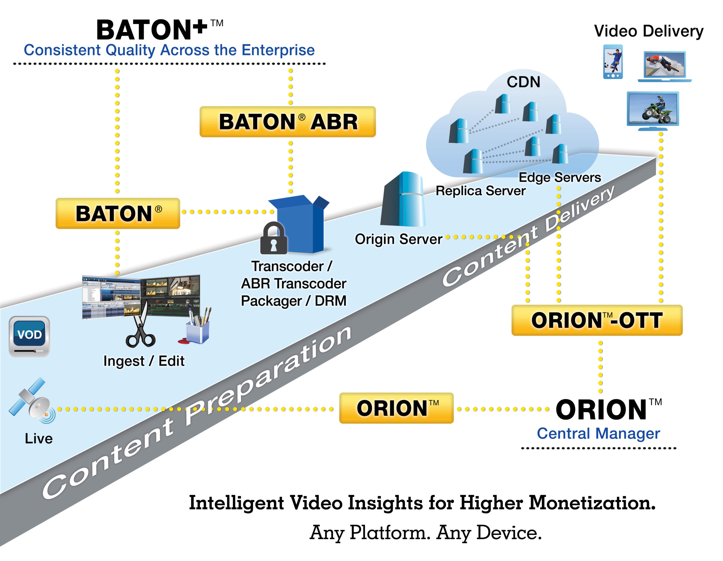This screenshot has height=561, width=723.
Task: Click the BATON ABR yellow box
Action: tap(287, 122)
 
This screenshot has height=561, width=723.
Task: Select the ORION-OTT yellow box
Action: tap(597, 320)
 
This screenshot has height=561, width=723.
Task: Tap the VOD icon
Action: tap(29, 336)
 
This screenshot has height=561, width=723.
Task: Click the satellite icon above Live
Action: tap(32, 400)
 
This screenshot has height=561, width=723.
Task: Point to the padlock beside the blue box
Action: tap(274, 238)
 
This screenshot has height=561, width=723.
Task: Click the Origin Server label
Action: tap(398, 239)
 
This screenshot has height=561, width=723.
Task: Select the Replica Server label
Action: tap(480, 190)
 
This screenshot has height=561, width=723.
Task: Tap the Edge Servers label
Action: tap(559, 177)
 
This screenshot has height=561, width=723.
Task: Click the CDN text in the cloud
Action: tap(523, 82)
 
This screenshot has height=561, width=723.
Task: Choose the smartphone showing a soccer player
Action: tap(613, 62)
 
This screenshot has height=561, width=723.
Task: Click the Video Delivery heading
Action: tap(648, 31)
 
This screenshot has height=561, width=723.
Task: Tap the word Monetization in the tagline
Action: tap(592, 503)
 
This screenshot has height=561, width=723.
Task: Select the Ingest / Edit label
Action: tap(144, 361)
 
